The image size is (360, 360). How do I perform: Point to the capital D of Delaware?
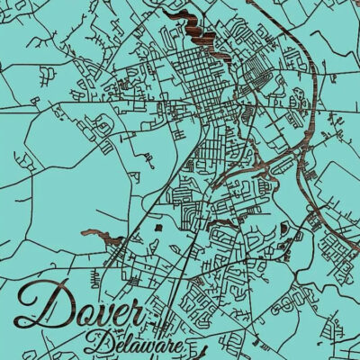102,341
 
